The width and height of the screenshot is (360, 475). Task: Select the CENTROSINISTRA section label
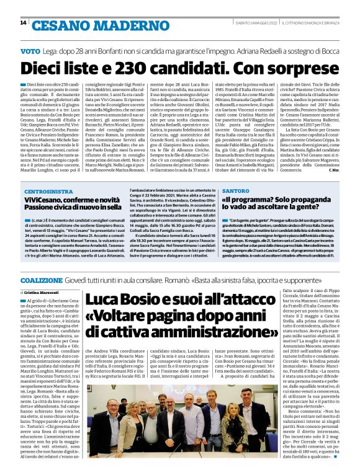click(49, 193)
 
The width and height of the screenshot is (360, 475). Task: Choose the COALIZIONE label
click(41, 264)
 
